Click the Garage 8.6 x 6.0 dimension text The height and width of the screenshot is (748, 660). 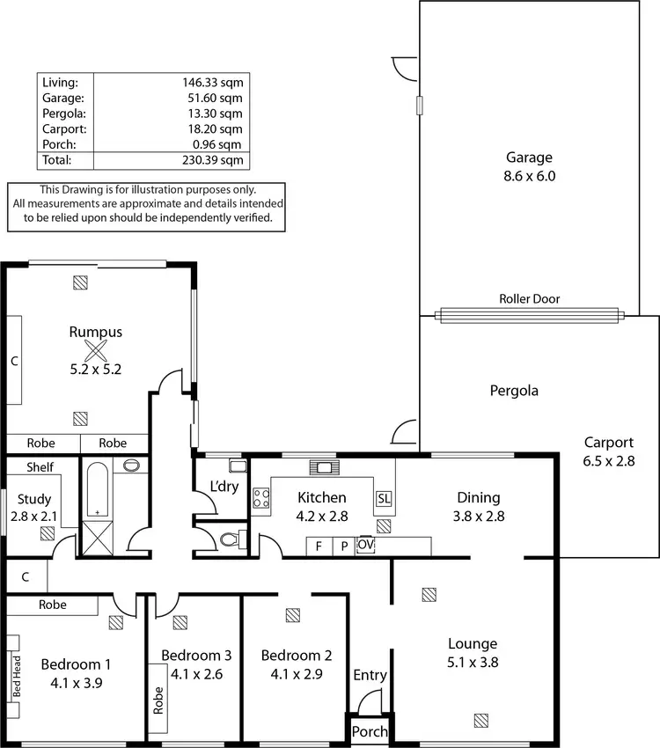pos(529,175)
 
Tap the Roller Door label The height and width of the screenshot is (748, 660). pos(529,299)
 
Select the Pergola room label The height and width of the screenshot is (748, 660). pos(514,391)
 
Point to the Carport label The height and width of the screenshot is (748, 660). pos(608,443)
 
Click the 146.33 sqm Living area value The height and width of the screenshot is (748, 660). pos(211,82)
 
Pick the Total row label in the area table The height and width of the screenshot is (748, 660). pos(55,160)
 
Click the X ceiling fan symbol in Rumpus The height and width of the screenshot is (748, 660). pos(95,351)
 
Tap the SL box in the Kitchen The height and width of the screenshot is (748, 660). pos(384,498)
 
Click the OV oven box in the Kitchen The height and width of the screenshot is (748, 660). pos(366,546)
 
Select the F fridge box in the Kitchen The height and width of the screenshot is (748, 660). pos(318,546)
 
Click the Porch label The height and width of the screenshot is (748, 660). pos(369,732)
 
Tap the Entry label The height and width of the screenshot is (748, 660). pos(370,675)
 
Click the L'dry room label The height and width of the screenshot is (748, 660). pos(224,486)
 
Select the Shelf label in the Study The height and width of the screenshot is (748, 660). pos(40,467)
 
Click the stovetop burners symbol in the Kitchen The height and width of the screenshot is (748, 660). pos(261,499)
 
